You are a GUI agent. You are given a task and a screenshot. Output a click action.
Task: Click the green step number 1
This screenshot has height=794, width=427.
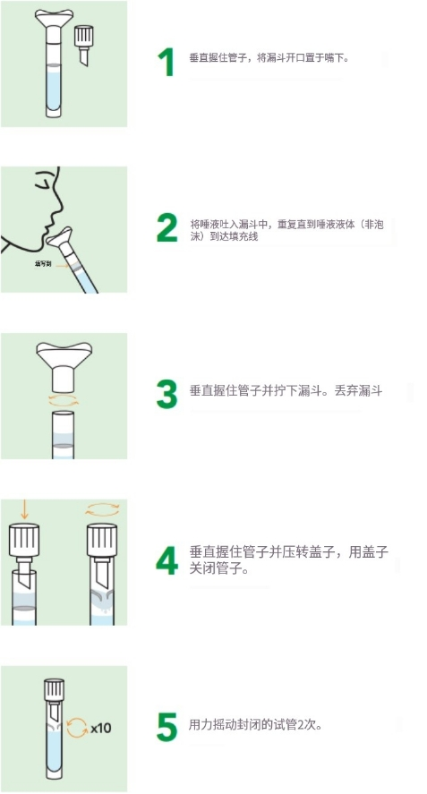coord(166,62)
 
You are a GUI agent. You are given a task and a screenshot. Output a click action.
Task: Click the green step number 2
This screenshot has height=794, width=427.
coord(167,228)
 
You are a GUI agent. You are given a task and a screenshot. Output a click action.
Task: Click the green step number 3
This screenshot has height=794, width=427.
coord(167,395)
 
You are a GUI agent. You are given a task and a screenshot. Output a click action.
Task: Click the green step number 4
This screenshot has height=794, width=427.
coord(167,561)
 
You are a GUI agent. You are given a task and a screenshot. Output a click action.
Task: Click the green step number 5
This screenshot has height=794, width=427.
coord(167,727)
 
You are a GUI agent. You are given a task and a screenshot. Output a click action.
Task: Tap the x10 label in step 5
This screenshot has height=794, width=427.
coord(100,728)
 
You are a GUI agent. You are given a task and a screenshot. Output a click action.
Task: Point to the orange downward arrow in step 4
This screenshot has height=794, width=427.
coord(24,511)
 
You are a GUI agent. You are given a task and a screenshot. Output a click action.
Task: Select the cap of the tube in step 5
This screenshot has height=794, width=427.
coord(51,690)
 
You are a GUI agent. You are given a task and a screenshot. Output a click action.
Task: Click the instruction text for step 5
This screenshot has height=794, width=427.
coord(256,724)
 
